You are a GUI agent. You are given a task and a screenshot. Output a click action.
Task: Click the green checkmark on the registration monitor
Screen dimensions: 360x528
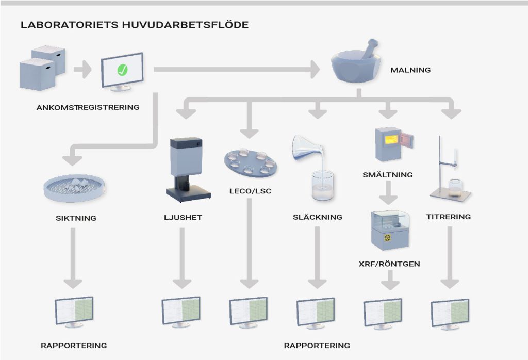tap(122, 70)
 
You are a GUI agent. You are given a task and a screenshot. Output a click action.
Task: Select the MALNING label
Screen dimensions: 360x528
tap(410, 70)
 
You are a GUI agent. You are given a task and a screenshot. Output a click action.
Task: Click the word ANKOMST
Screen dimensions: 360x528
tap(56, 108)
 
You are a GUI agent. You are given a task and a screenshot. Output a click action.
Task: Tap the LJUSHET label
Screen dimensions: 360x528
tap(179, 218)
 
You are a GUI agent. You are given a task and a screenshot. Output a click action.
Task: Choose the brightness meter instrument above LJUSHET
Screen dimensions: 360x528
tap(187, 168)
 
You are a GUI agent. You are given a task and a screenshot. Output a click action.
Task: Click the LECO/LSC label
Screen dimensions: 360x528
tap(250, 191)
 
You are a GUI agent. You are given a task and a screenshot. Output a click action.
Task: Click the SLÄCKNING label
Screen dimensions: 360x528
tap(317, 217)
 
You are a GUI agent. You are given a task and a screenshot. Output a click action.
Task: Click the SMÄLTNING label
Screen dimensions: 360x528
tap(388, 175)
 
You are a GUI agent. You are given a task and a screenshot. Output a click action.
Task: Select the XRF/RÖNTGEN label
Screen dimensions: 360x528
tap(389, 264)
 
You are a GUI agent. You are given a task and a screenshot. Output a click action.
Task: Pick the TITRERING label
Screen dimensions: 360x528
tap(448, 217)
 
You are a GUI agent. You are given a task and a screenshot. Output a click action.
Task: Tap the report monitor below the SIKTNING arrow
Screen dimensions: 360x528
tap(74, 312)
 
